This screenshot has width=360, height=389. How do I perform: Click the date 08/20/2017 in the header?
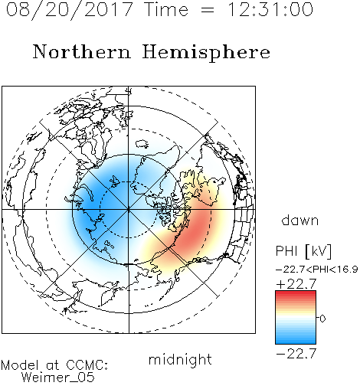[x=70, y=10]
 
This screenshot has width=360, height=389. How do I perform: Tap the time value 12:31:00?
[x=270, y=9]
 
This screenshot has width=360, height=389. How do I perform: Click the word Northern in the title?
[x=82, y=52]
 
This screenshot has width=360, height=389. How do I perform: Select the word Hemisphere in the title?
[x=206, y=53]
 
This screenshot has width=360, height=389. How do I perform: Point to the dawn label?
[x=300, y=221]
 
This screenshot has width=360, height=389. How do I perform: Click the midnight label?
[x=180, y=360]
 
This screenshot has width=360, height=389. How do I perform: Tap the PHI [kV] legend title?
[x=304, y=251]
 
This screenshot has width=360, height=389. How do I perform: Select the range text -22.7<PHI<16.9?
[x=316, y=270]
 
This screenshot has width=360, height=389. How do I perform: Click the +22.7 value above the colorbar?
[x=296, y=284]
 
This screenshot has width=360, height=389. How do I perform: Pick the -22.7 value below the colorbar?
[x=296, y=354]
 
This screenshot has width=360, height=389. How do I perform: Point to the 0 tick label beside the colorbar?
[x=322, y=319]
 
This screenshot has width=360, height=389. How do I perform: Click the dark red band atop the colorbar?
[x=296, y=293]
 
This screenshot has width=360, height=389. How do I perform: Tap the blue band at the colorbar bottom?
[x=296, y=342]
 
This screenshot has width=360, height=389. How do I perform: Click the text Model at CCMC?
[x=54, y=365]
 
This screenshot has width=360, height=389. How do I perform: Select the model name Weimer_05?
[x=58, y=378]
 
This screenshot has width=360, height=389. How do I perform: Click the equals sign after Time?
[x=208, y=10]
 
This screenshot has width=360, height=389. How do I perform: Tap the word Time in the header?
[x=166, y=9]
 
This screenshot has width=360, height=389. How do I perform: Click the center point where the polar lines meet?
[x=129, y=210]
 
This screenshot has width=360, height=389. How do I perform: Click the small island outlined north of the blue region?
[x=142, y=144]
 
